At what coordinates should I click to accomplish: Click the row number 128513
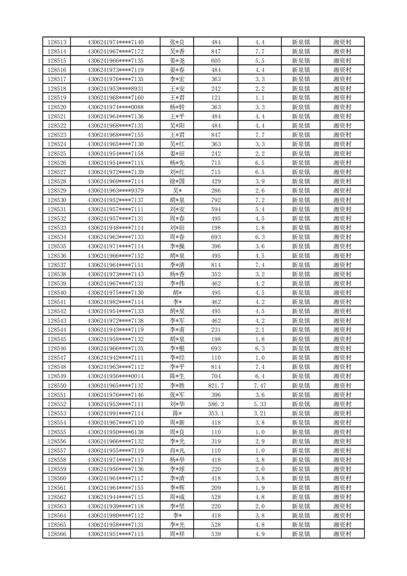[56, 42]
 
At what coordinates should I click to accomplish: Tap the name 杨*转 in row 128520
[177, 107]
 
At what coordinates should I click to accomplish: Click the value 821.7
[216, 385]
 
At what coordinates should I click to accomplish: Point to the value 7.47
[259, 385]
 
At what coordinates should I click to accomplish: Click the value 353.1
[216, 413]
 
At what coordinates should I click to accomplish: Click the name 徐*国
[177, 181]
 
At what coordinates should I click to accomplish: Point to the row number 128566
[56, 534]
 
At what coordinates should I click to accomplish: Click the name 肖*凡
[177, 450]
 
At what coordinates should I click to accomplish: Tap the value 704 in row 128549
[216, 376]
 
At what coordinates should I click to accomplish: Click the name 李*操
[177, 246]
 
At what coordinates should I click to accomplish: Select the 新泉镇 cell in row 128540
[301, 293]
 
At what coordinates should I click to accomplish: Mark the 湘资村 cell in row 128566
[342, 534]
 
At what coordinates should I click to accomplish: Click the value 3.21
[259, 413]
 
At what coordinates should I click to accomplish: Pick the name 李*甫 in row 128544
[177, 330]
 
